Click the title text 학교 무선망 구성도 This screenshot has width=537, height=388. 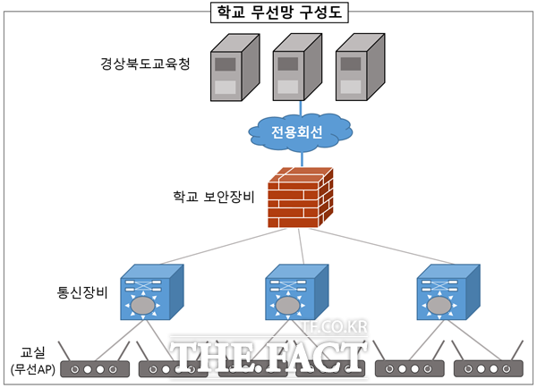pyautogui.click(x=268, y=13)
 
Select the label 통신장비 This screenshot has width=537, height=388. pyautogui.click(x=82, y=292)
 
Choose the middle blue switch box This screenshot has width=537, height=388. pyautogui.click(x=295, y=294)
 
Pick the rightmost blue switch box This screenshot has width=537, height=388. pyautogui.click(x=447, y=294)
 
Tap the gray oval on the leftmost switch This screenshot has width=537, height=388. pyautogui.click(x=141, y=306)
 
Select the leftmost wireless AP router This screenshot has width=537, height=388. pyautogui.click(x=96, y=367)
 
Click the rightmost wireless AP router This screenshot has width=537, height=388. pyautogui.click(x=488, y=367)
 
